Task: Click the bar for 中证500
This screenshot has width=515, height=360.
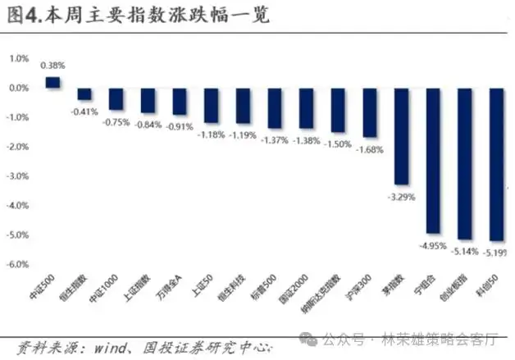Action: [52, 82]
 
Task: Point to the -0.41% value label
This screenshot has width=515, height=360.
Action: [84, 112]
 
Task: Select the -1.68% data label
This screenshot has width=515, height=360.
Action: [369, 149]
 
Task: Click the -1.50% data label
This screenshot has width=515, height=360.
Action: [337, 144]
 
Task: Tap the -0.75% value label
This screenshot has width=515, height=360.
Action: [116, 121]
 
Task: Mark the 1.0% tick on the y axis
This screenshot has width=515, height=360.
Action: [19, 58]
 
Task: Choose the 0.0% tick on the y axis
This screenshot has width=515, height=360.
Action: [19, 88]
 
